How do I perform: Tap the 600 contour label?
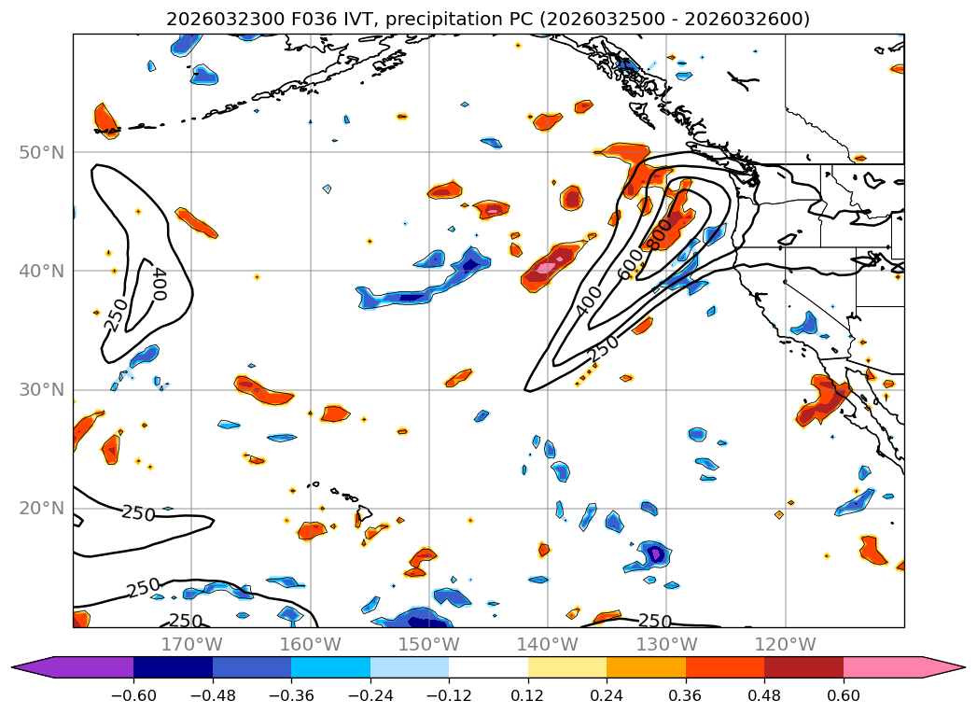pyautogui.click(x=632, y=266)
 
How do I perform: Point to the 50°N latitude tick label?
pyautogui.click(x=41, y=152)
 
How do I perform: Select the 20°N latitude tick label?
pyautogui.click(x=41, y=509)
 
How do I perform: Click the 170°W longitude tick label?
pyautogui.click(x=191, y=644)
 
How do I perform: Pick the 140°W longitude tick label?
pyautogui.click(x=548, y=644)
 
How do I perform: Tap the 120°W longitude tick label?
pyautogui.click(x=785, y=644)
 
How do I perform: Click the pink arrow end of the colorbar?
pyautogui.click(x=942, y=667)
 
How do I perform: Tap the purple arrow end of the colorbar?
pyautogui.click(x=34, y=667)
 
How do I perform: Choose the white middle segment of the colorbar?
pyautogui.click(x=488, y=667)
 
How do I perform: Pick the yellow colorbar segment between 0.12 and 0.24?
pyautogui.click(x=567, y=667)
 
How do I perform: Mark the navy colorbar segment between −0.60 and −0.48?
pyautogui.click(x=173, y=667)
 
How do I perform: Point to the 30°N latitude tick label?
pyautogui.click(x=41, y=390)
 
